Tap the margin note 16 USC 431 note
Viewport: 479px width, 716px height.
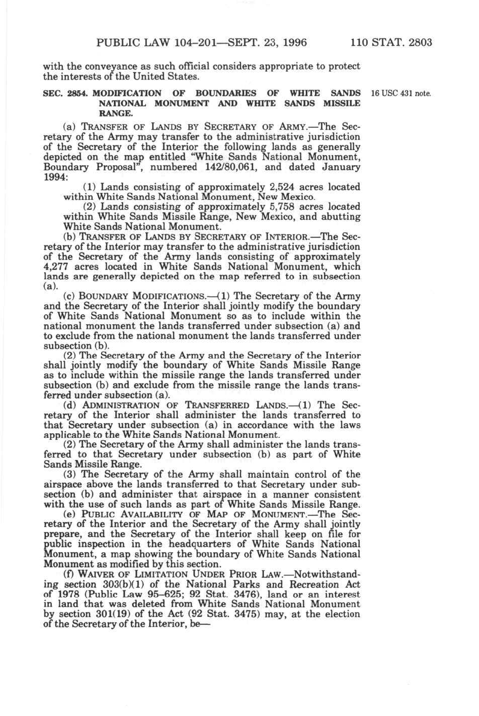401,93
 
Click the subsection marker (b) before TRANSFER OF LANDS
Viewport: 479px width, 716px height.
69,237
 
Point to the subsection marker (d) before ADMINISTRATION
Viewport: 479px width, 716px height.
69,405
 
